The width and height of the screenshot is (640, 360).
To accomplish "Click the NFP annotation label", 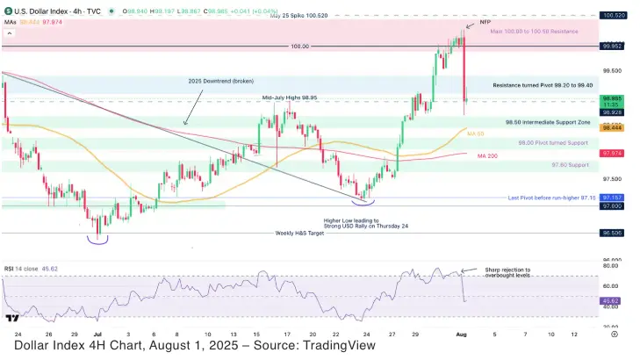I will [x=485, y=20].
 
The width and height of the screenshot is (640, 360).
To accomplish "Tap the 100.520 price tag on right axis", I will [x=613, y=15].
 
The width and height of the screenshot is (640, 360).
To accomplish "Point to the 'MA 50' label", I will [x=476, y=133].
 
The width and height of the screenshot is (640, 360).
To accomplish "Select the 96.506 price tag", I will [x=613, y=234].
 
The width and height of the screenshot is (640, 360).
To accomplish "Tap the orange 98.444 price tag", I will [x=613, y=128].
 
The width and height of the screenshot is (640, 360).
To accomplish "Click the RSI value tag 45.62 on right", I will [x=613, y=300].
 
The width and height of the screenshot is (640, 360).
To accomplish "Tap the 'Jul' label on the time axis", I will [x=98, y=335].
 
